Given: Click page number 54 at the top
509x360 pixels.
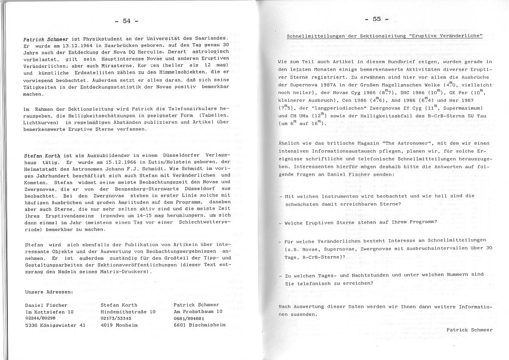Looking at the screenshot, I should (127, 20).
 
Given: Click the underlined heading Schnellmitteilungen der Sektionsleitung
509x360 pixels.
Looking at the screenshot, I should (384, 36).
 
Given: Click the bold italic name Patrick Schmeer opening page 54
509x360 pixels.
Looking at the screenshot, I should (45, 39).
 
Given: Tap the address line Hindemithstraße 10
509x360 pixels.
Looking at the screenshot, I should (128, 312).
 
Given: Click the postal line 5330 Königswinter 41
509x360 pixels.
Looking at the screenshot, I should (55, 325).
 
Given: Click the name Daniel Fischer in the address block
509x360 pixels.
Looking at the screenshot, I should (47, 305).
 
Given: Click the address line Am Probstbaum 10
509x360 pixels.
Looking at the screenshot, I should (198, 312).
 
